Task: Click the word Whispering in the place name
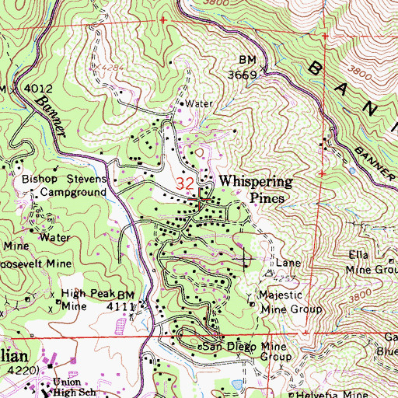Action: point(255,181)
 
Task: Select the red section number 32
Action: point(185,183)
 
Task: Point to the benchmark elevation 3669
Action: point(243,75)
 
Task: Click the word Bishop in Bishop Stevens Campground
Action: point(41,178)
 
